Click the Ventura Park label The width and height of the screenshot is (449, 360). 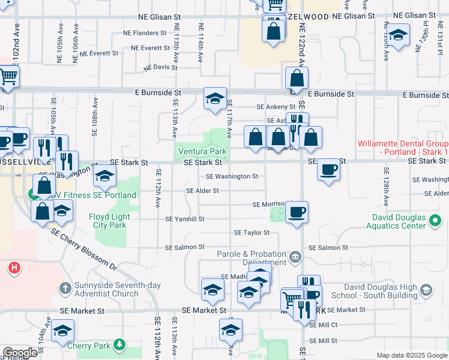point(200,152)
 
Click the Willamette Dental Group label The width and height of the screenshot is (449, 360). point(402,148)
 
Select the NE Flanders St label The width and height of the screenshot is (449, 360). point(144,33)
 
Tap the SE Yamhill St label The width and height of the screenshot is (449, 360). point(185,219)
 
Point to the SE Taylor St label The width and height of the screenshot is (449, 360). point(252,232)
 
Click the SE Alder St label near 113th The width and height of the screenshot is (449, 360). point(203,191)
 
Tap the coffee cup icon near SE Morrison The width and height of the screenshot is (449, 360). point(297,212)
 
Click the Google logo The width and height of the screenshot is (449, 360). point(20,353)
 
